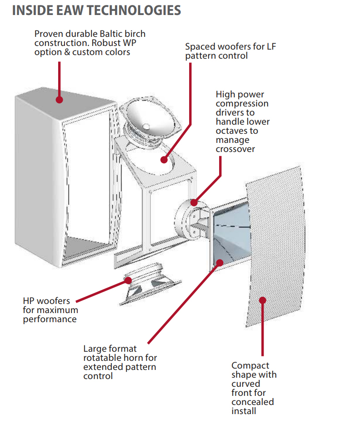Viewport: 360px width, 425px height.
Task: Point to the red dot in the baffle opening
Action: [x=164, y=160]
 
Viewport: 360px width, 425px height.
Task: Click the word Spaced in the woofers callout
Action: [x=199, y=46]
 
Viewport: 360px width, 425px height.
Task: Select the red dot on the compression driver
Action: [x=195, y=202]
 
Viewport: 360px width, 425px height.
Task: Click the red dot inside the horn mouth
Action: [x=220, y=262]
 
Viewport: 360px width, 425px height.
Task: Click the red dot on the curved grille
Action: [x=262, y=299]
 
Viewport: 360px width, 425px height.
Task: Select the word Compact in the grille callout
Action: [x=250, y=365]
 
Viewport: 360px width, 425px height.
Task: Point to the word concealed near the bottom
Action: [x=252, y=402]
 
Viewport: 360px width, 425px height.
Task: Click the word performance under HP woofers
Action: [x=50, y=319]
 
